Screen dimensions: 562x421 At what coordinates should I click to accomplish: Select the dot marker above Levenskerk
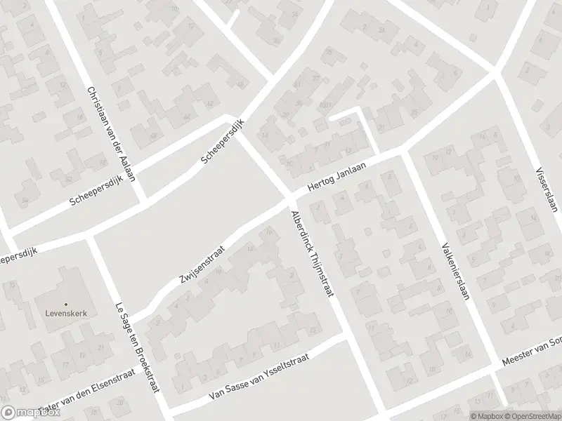click(x=65, y=304)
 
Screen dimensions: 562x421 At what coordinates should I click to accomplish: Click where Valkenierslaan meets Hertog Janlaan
click(x=403, y=152)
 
